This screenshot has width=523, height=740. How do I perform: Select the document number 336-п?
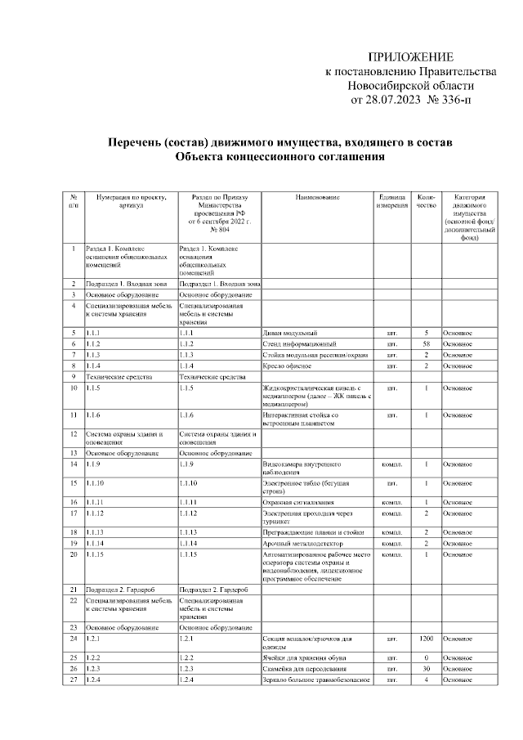coord(451,100)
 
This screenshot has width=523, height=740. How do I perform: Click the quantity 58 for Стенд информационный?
coord(426,344)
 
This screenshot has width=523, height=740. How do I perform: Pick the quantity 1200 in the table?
coord(426,637)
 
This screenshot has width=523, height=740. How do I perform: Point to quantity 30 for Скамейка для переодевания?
coord(426,668)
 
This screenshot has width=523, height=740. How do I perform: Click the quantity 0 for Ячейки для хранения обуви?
coord(426,657)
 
